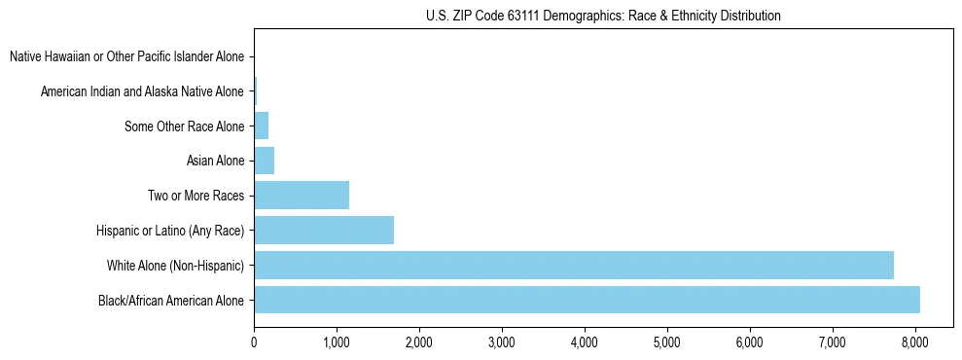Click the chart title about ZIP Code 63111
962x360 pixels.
pyautogui.click(x=603, y=16)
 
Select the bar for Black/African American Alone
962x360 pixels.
pyautogui.click(x=587, y=300)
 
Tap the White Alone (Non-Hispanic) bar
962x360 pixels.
pyautogui.click(x=573, y=265)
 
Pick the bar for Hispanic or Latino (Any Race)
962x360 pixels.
pyautogui.click(x=323, y=231)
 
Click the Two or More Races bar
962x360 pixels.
pyautogui.click(x=301, y=196)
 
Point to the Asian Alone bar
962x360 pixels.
pyautogui.click(x=264, y=161)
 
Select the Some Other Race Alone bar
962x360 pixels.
pyautogui.click(x=261, y=126)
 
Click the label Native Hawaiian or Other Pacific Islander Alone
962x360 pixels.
pyautogui.click(x=127, y=56)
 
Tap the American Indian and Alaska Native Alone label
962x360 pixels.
pyautogui.click(x=143, y=91)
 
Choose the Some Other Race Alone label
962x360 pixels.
pyautogui.click(x=185, y=126)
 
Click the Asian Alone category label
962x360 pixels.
pyautogui.click(x=215, y=161)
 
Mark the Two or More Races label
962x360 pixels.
pyautogui.click(x=196, y=196)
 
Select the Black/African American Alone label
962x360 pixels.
pyautogui.click(x=171, y=300)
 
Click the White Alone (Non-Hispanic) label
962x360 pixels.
pyautogui.click(x=176, y=266)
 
